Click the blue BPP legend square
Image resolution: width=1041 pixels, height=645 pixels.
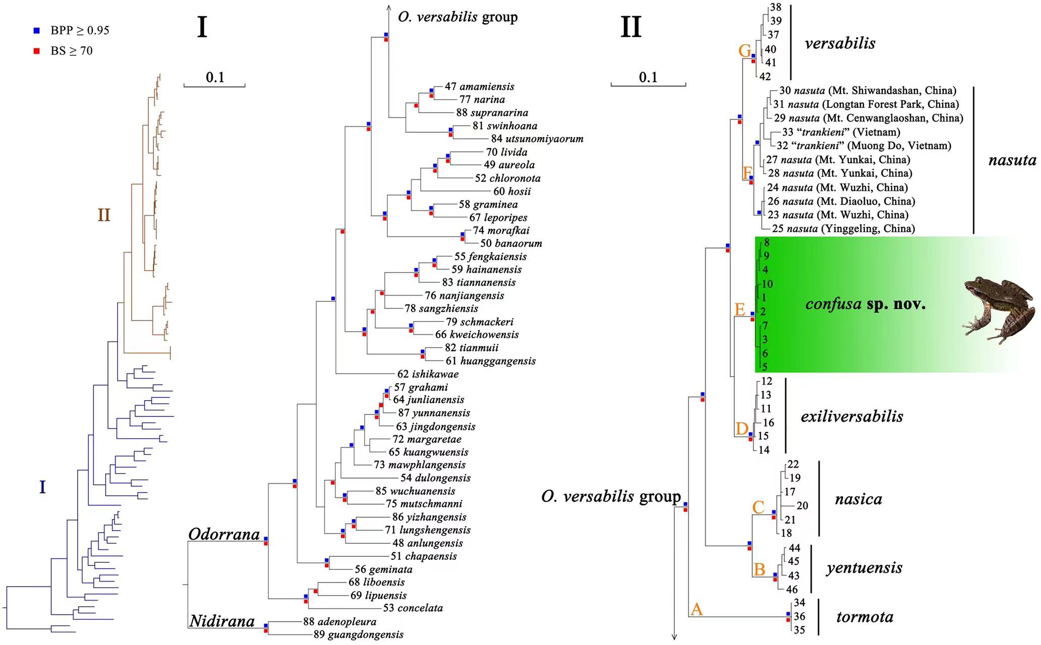tap(36, 30)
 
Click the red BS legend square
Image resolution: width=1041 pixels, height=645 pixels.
tap(36, 51)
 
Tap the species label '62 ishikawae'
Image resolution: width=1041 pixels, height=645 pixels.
tap(428, 374)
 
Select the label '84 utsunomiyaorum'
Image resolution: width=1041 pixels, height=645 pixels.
tap(537, 139)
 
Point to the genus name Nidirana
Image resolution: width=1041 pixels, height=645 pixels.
tap(222, 621)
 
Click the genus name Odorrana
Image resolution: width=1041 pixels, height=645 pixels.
tap(224, 534)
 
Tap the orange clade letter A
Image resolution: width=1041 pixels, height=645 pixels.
tap(697, 609)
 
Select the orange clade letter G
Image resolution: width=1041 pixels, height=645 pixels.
tap(744, 51)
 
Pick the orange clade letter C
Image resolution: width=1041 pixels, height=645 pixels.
tap(758, 507)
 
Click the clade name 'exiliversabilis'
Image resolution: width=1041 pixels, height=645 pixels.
tap(852, 416)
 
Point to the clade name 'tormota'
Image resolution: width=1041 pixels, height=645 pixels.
tap(864, 617)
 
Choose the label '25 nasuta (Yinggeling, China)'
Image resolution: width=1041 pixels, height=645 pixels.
tap(843, 229)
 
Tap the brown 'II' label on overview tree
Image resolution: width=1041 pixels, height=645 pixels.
tap(104, 215)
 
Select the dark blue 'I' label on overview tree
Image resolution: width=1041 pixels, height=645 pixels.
tap(43, 487)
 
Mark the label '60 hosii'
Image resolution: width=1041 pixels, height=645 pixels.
tap(512, 191)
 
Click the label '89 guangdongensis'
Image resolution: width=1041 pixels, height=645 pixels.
tap(358, 634)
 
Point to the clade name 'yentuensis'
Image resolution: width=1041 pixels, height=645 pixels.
tap(864, 568)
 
